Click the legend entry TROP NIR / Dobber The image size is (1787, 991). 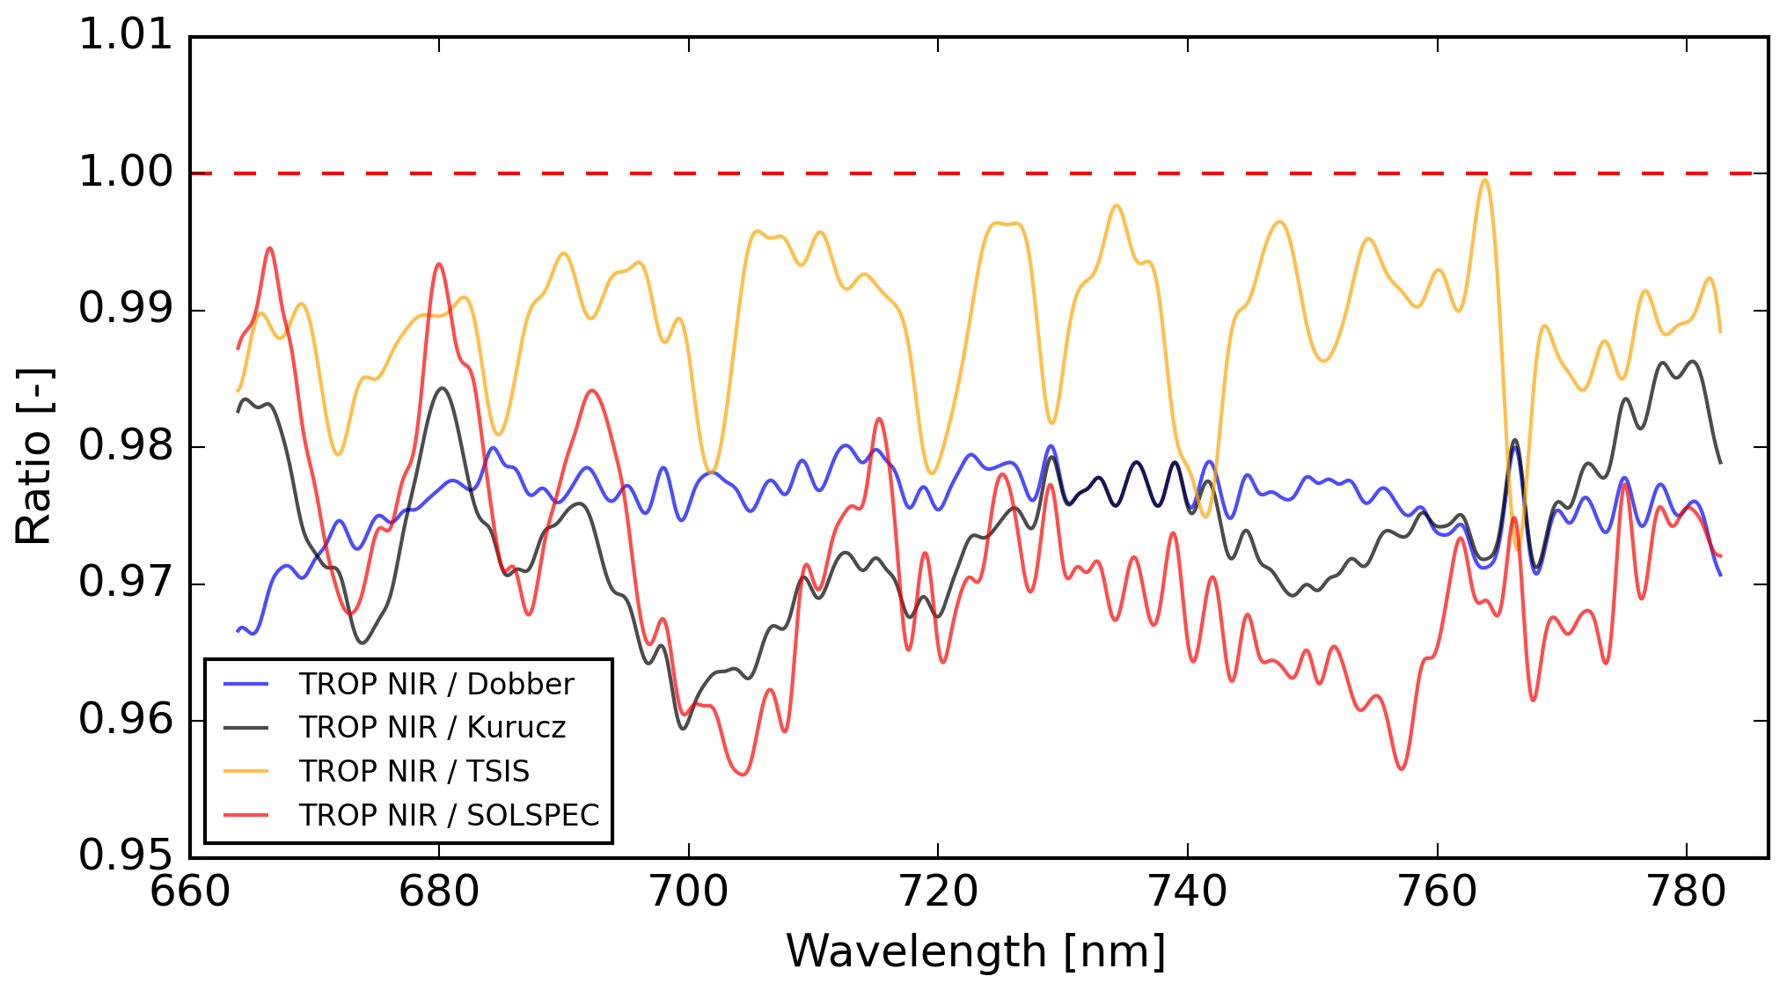coord(436,684)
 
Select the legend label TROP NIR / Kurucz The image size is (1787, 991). coord(432,728)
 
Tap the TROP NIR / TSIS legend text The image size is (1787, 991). coord(414,772)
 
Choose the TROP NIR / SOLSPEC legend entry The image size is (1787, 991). coord(449,816)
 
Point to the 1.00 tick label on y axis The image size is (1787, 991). coord(126,173)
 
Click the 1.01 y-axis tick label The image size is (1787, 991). coord(126,36)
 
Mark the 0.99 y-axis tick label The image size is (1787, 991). coord(126,310)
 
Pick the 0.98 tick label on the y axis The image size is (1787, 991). coord(126,446)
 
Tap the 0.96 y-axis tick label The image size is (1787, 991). coord(126,720)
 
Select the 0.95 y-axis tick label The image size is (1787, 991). coord(126,855)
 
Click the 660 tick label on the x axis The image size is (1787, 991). coord(190,892)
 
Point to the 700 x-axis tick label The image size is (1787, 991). coord(688,892)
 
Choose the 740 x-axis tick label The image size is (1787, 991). coord(1188,892)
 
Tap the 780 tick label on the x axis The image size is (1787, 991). coord(1687,892)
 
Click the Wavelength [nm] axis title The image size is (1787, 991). coord(976,952)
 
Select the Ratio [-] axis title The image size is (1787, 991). coord(35,456)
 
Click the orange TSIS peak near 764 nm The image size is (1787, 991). coord(1485,180)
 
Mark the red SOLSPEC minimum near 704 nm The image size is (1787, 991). coord(743,774)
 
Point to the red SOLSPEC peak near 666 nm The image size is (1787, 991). coord(270,249)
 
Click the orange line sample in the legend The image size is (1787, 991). coord(245,772)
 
